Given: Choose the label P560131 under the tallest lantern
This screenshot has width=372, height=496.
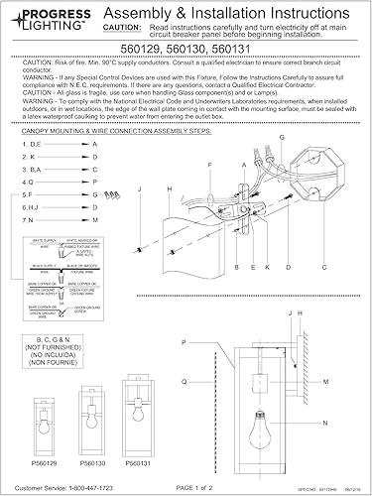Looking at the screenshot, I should tap(132, 461).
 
